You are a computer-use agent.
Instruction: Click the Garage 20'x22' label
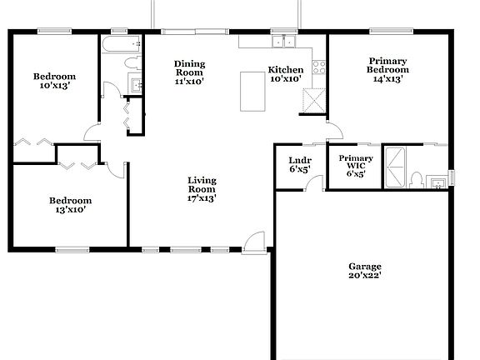click(365, 271)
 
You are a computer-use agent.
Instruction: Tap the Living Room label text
click(202, 189)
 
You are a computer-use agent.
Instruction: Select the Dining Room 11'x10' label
click(190, 72)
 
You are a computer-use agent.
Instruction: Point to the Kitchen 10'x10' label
click(284, 74)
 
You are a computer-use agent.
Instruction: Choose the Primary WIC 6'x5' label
click(354, 166)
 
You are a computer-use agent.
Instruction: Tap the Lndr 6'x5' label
click(299, 164)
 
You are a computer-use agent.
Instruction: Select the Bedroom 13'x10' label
click(70, 205)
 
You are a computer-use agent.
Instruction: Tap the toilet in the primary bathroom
click(415, 179)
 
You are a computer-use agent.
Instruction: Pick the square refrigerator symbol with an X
click(312, 102)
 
